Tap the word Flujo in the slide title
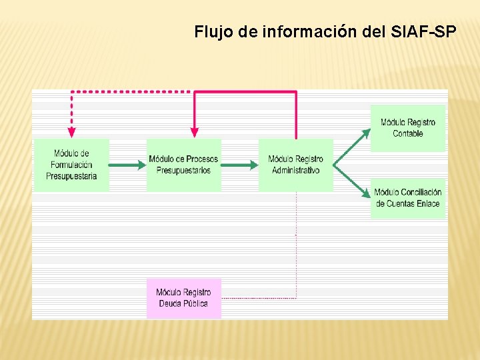[211, 31]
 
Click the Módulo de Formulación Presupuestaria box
[71, 165]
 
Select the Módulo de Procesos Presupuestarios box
[183, 165]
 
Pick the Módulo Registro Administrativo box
[295, 165]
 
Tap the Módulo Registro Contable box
[407, 127]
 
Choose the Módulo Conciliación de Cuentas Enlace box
[407, 198]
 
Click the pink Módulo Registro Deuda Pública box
[183, 298]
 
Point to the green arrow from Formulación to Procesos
[127, 165]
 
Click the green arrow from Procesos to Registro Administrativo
[239, 165]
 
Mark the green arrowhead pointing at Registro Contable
[366, 133]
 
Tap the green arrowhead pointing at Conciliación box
[366, 193]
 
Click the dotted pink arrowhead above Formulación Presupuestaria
[71, 133]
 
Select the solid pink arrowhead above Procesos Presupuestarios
[194, 133]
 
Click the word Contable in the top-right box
[407, 133]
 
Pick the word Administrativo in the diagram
[295, 171]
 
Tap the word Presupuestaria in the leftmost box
[71, 176]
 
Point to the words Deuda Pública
[183, 304]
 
